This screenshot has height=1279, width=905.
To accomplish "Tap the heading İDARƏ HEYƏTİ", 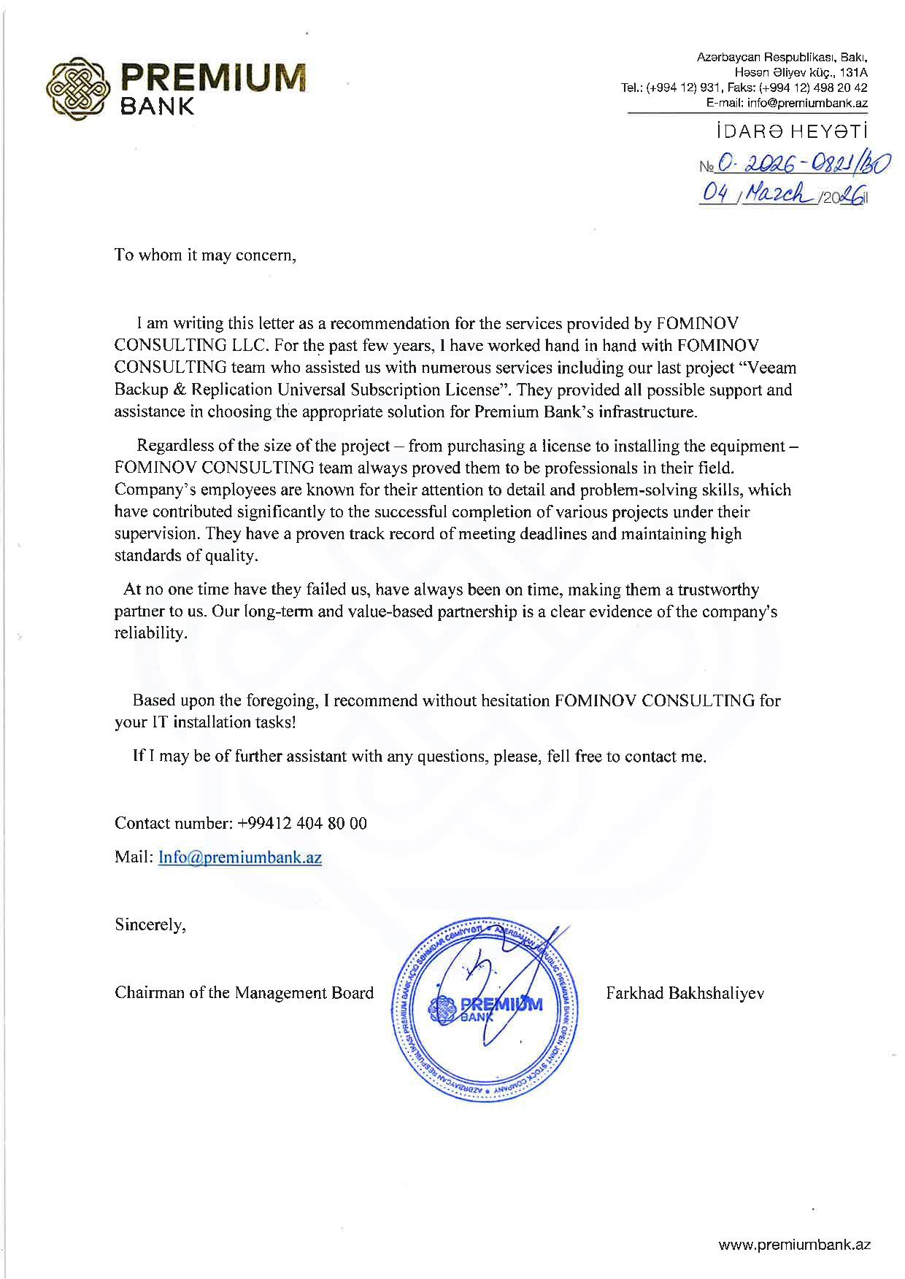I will pos(791,133).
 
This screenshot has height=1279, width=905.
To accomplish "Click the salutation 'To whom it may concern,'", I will pos(206,255).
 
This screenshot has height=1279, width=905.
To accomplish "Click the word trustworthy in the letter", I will pos(719,589).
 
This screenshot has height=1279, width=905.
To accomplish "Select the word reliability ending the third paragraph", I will pos(150,633).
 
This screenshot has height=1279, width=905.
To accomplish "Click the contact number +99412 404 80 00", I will pos(302,824).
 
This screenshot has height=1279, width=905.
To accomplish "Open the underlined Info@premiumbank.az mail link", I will pos(240,857).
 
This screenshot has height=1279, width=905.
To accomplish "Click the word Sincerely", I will pos(150,925).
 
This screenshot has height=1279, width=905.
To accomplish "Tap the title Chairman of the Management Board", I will pos(244,993).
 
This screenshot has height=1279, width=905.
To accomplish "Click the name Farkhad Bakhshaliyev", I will pos(685,993).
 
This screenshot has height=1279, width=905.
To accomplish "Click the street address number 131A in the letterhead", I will pos(853,73).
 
